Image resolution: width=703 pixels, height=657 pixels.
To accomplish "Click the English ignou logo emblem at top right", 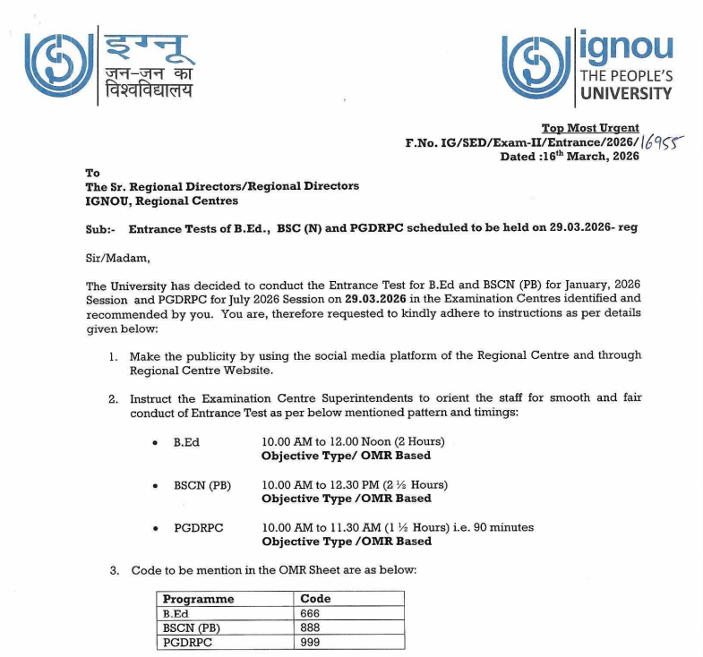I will [536, 64].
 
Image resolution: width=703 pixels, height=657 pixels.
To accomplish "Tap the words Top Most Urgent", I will [590, 128].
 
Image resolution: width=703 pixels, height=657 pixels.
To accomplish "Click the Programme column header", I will [198, 599].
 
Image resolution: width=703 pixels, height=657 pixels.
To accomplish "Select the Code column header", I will [316, 599].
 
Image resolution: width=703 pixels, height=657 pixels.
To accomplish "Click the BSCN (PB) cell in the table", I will [191, 627].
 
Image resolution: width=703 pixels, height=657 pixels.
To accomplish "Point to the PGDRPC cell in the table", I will [185, 642].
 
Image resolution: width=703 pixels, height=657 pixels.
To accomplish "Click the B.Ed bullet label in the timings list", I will [186, 443].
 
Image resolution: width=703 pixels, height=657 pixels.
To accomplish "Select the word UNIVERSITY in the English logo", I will [626, 92].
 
